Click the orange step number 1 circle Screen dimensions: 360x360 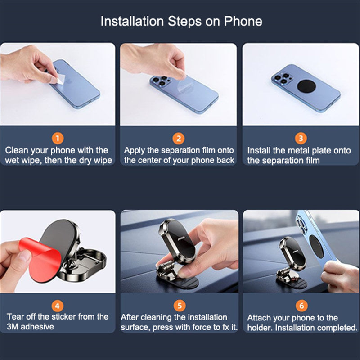[x=58, y=139]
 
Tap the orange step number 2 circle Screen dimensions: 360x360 [x=179, y=139]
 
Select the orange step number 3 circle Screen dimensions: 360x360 [x=301, y=139]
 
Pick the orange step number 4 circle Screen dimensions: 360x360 [x=58, y=306]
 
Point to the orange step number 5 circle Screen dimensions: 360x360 [x=180, y=306]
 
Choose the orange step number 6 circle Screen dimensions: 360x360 [x=301, y=306]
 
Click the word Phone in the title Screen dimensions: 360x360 [x=243, y=21]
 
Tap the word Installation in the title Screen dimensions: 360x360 [x=132, y=21]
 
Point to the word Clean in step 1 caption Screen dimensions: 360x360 [x=17, y=150]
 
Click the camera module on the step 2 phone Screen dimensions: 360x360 [x=160, y=81]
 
